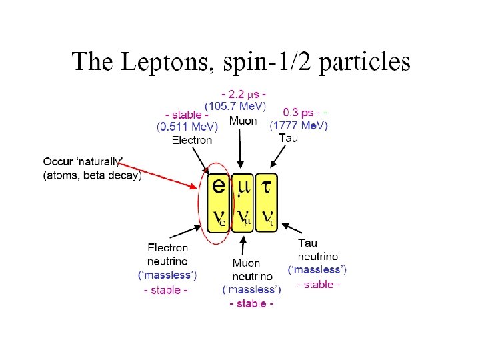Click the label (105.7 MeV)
235,105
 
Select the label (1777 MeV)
299,125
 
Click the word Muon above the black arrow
243,121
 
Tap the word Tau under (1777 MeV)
288,137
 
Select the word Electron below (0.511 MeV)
192,140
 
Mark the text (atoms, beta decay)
93,176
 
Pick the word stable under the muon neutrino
251,304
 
